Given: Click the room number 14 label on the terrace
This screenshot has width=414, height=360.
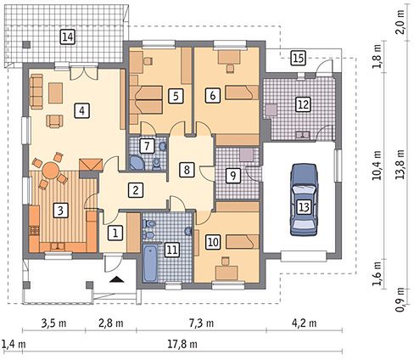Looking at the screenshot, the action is (68, 37).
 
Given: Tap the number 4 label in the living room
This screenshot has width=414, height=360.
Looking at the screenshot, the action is (81, 110).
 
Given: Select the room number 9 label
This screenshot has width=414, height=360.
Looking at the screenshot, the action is (232, 176).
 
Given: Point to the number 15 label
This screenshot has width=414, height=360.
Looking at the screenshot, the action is (299, 58).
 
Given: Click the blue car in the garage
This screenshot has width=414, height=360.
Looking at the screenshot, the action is (304, 200).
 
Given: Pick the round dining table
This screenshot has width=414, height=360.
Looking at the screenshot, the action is (51, 170).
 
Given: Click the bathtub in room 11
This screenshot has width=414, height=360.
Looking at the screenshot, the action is (150, 263).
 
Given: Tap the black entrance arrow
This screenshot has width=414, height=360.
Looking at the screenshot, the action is (117, 279).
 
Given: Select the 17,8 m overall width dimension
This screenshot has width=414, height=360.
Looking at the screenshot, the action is (182, 345).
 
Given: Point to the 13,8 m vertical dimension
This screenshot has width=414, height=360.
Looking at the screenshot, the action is (400, 165).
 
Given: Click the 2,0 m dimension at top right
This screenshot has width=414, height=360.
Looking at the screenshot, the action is (400, 25).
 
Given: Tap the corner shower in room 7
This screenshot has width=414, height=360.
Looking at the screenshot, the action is (137, 162).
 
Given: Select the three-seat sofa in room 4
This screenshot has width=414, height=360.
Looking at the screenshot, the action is (36, 92).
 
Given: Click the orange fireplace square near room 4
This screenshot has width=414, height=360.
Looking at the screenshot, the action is (91, 165).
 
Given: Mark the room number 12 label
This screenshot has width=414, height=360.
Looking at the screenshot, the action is (303, 104).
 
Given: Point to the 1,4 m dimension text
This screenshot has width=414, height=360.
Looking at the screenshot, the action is (14, 345).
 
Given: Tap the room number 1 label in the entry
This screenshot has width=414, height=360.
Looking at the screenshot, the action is (115, 233).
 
